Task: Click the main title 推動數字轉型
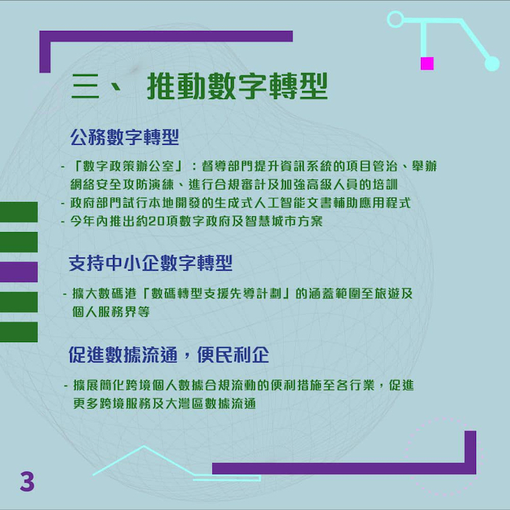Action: coord(237,86)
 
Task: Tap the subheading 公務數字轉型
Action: coord(125,137)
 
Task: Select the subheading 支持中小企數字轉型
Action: coord(151,263)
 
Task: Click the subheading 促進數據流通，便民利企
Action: coord(169,354)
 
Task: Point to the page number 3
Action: coord(27,481)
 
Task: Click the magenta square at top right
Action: coord(427,64)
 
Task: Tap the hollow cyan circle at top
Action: coord(396,20)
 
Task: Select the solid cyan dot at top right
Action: coord(492,64)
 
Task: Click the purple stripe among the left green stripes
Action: coord(19,272)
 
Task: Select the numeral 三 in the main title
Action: coord(85,86)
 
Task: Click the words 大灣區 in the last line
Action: coord(185,404)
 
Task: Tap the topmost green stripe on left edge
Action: coord(19,212)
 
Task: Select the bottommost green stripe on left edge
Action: coord(19,332)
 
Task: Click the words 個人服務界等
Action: coord(111,312)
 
